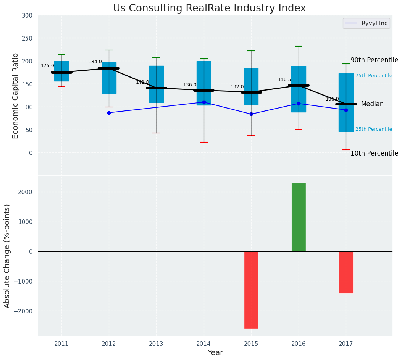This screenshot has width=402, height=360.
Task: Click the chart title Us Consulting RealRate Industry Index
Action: pyautogui.click(x=209, y=8)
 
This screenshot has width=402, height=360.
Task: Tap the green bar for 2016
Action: pyautogui.click(x=299, y=217)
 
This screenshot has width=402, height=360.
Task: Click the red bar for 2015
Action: pyautogui.click(x=251, y=290)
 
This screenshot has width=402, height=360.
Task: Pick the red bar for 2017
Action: pyautogui.click(x=346, y=272)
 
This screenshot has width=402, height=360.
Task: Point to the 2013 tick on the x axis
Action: pyautogui.click(x=156, y=344)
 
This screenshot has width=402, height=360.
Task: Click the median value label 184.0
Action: pyautogui.click(x=95, y=62)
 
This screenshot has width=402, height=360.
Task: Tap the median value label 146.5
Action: pyautogui.click(x=284, y=79)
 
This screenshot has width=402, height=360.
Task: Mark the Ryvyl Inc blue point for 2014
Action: pyautogui.click(x=204, y=102)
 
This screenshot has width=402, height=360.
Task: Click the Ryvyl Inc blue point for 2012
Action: pyautogui.click(x=109, y=113)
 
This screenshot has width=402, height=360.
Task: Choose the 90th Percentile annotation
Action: pyautogui.click(x=374, y=60)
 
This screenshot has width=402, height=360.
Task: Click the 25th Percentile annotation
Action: pyautogui.click(x=374, y=129)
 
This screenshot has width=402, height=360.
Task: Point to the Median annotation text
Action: pyautogui.click(x=372, y=104)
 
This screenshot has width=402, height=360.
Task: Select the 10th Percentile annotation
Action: pyautogui.click(x=374, y=153)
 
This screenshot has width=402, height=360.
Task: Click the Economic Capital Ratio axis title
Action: pyautogui.click(x=16, y=96)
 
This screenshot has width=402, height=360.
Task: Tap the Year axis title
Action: pyautogui.click(x=215, y=353)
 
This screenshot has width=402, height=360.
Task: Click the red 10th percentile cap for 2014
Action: pyautogui.click(x=204, y=142)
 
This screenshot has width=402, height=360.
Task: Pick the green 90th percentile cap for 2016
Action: pyautogui.click(x=299, y=46)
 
